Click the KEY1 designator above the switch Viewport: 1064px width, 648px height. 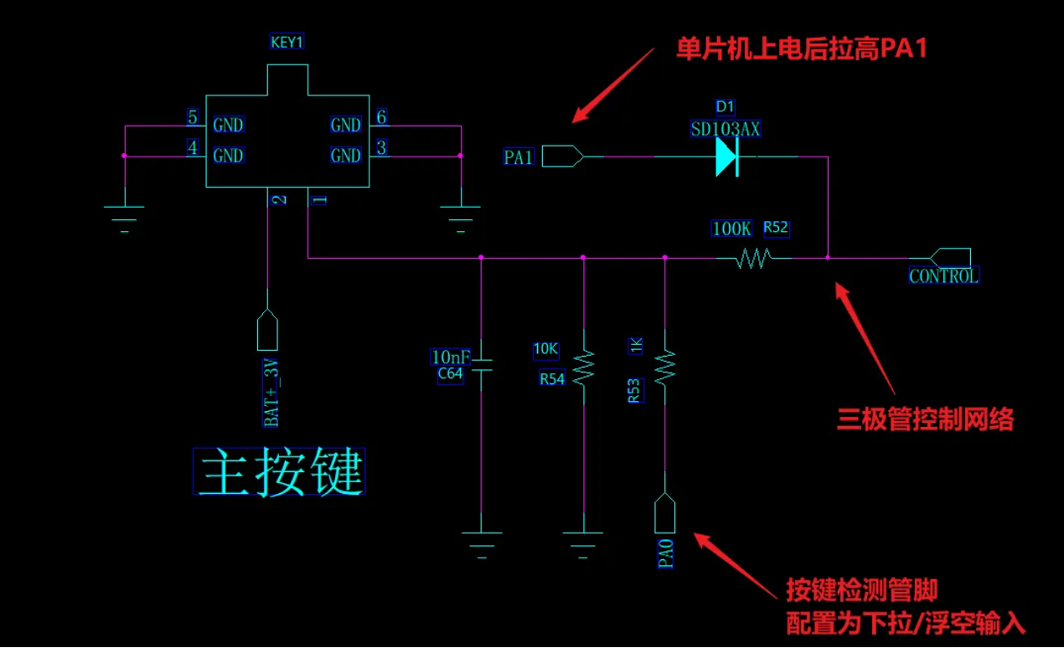tap(287, 42)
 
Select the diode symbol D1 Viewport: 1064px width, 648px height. tap(727, 157)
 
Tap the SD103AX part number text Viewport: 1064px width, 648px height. tap(726, 130)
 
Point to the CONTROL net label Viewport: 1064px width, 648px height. tap(943, 276)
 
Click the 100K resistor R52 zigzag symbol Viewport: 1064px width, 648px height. tap(752, 259)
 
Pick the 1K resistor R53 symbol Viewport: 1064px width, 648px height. tap(664, 366)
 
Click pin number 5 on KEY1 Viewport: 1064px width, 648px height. tap(193, 118)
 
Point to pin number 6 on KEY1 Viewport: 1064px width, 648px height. tap(381, 118)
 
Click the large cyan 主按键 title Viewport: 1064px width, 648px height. tap(280, 472)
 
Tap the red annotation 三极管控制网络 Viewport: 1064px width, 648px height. tap(925, 419)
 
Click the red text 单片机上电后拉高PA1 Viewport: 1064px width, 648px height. tap(802, 49)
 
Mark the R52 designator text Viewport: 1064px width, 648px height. tap(776, 228)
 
